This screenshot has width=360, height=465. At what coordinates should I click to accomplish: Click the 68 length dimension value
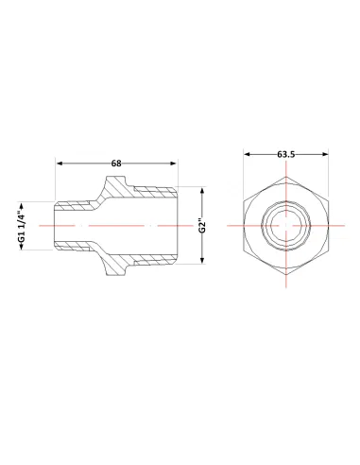coord(116,164)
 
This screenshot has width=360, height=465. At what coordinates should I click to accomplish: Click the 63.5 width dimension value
coord(286,154)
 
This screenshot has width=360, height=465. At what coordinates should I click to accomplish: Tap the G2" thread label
coord(203,226)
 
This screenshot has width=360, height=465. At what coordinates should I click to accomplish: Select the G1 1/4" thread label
coord(22,226)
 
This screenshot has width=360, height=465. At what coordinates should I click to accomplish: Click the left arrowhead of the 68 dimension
coord(60,164)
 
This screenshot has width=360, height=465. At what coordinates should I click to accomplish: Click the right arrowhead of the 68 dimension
coord(173,164)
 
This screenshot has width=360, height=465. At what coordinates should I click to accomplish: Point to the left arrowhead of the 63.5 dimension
coord(248,154)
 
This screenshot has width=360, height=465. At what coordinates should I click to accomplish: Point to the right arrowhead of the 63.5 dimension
coord(325,154)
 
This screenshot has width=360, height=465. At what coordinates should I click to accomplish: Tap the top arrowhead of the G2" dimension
coord(203,191)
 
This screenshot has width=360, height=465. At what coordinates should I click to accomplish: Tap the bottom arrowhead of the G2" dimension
coord(203,260)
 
